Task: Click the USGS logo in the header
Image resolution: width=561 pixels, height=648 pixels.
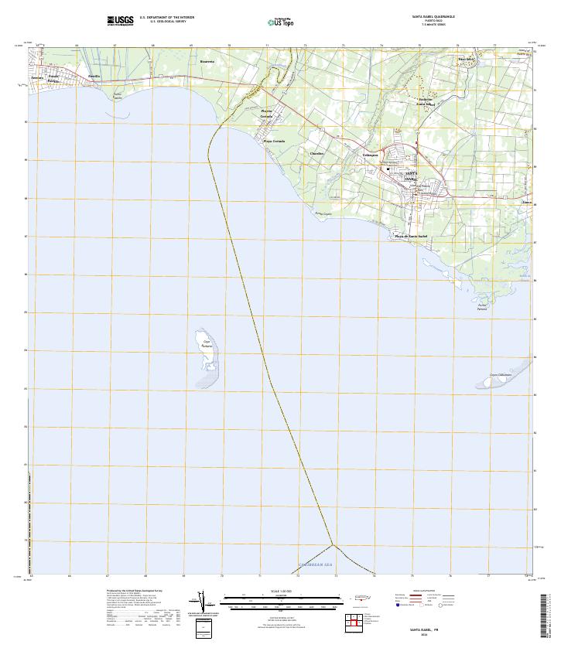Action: [120, 20]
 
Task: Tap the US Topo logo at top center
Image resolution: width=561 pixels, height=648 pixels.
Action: [280, 22]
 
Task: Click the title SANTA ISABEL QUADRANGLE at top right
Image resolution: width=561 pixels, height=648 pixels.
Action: [433, 15]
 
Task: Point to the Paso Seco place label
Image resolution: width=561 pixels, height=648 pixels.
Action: [465, 59]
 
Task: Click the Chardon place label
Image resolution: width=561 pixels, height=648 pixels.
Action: [316, 153]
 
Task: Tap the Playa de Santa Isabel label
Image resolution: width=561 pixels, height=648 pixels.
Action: [411, 235]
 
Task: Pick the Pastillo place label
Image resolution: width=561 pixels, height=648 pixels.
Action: [94, 76]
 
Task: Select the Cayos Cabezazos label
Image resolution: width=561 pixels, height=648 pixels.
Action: [501, 375]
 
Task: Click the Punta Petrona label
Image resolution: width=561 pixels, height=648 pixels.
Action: [482, 307]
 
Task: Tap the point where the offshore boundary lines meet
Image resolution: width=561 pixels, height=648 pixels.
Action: [332, 544]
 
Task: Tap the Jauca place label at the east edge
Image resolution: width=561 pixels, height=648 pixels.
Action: [526, 203]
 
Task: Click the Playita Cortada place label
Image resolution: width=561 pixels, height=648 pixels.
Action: [266, 113]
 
